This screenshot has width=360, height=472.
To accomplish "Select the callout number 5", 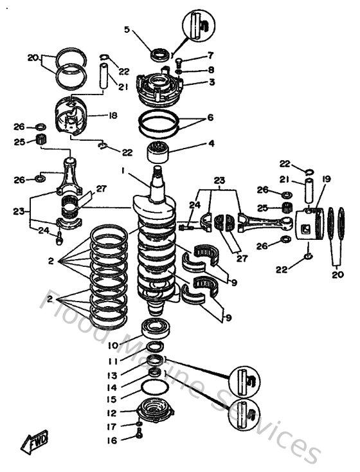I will click(127, 30).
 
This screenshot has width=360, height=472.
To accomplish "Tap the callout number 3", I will click(194, 82).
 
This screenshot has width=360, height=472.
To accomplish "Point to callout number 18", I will click(113, 116).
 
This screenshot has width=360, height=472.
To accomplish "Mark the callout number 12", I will click(112, 413).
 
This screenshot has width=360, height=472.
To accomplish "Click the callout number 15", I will click(112, 399).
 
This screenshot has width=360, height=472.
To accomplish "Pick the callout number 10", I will click(112, 346).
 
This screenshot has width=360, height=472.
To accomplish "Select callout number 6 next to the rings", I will click(194, 120).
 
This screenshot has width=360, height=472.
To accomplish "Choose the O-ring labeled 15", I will click(155, 388).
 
